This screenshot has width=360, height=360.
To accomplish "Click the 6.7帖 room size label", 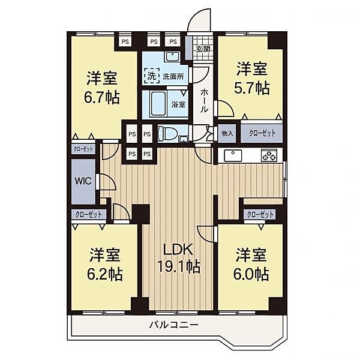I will tap(101, 97).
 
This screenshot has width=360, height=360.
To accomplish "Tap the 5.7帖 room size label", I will tap(251, 88).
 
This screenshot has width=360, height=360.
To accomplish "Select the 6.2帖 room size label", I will tap(106, 274).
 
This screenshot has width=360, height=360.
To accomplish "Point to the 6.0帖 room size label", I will tap(251, 274).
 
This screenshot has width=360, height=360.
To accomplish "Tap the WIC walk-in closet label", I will tap(82, 181).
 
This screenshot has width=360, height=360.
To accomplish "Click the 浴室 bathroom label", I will tap(178, 104).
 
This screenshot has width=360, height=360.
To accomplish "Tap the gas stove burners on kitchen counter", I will tap(268, 156).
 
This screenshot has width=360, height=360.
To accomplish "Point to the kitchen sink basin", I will tap(232, 156).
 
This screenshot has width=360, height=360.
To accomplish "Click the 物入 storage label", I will tap(227, 133).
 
